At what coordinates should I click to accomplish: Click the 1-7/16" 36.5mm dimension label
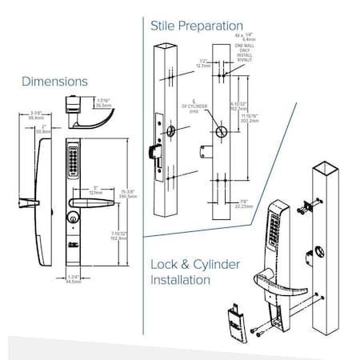(103, 102)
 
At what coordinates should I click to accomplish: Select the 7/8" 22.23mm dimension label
(239, 204)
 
